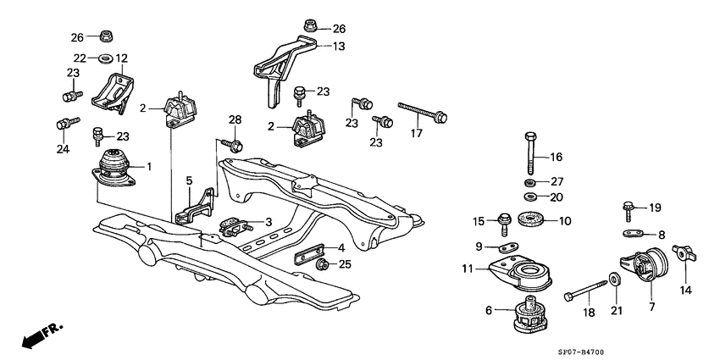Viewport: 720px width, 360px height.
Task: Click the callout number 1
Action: click(x=149, y=167)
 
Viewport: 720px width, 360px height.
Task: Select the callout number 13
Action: click(x=339, y=47)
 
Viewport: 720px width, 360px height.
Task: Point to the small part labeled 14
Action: click(x=683, y=252)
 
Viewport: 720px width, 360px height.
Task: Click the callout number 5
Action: click(x=189, y=180)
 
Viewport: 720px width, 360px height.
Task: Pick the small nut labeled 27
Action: click(x=530, y=183)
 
